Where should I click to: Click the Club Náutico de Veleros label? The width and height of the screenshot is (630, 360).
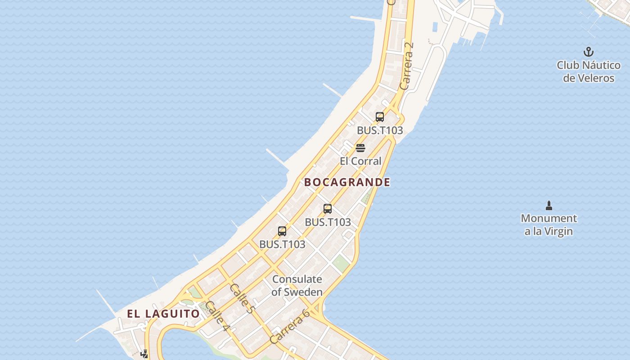point(589,72)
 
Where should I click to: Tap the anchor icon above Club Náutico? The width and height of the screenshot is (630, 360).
point(589,52)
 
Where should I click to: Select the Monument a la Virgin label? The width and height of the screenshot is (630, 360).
point(549,225)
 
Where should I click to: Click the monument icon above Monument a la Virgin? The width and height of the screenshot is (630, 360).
point(549,206)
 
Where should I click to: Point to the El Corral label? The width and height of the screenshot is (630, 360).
point(360,161)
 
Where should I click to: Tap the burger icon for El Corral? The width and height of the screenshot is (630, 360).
point(360,148)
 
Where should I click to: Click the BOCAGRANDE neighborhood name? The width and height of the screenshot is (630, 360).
point(347,182)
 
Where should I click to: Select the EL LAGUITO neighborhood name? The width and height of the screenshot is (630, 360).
point(163,314)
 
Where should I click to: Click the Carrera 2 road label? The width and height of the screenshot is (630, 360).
point(406,66)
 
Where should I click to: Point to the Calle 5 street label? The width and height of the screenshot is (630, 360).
point(242,298)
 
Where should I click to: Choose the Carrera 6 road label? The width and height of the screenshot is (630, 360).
point(290,327)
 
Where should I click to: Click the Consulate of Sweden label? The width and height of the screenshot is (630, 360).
point(297,286)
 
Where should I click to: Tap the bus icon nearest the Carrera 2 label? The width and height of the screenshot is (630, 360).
point(380,117)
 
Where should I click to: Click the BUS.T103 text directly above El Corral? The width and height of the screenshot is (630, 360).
point(380,130)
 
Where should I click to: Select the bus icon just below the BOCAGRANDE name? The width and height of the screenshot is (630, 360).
point(328,209)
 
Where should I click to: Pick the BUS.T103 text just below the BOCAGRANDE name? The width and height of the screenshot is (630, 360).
point(328,222)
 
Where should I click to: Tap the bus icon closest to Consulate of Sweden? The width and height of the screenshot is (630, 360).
point(282,231)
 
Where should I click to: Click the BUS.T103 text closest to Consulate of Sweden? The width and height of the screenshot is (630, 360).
point(282,244)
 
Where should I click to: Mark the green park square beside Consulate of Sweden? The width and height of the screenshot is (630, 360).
point(342,263)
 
